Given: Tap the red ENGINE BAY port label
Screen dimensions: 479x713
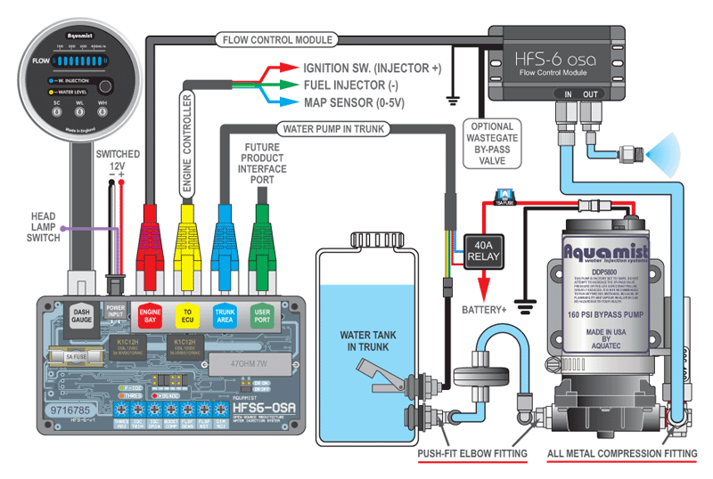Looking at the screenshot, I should (149, 315).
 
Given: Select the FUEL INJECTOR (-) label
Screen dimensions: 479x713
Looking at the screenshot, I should (353, 85).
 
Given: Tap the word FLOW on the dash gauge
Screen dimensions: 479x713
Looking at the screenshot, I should (43, 62).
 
